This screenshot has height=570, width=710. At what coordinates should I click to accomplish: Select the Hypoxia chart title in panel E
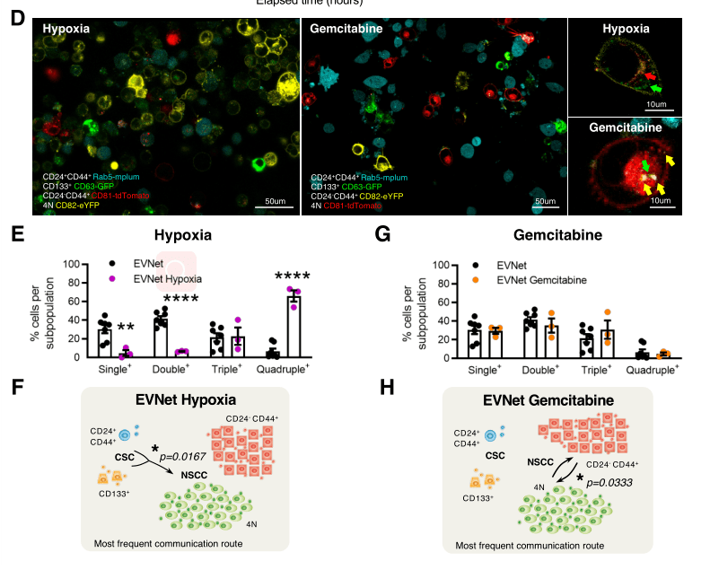tap(182, 236)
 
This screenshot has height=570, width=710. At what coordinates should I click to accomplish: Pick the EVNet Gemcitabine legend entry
tap(542, 280)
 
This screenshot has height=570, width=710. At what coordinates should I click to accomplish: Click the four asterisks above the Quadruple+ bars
tap(292, 276)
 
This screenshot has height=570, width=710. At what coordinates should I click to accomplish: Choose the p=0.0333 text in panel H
tap(618, 482)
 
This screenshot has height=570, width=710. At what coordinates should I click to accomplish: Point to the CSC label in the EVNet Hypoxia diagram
tap(125, 456)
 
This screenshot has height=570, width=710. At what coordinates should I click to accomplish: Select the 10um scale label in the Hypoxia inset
tap(657, 104)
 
